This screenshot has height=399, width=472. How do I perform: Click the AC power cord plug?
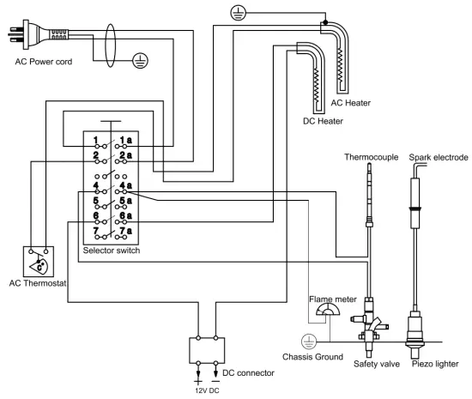(38, 34)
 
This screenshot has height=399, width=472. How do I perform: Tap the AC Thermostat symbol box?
(39, 262)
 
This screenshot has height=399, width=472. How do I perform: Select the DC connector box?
(207, 351)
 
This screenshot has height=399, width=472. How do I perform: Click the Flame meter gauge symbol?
(328, 310)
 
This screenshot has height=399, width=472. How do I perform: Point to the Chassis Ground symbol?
(309, 342)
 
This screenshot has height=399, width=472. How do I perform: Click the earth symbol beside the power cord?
(140, 60)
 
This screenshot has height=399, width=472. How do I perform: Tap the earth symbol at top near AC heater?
(238, 13)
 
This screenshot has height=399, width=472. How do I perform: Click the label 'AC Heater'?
(351, 103)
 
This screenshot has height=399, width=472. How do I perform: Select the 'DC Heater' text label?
(323, 121)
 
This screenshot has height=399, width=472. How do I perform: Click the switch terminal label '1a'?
(126, 140)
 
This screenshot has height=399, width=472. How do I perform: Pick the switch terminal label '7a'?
(126, 231)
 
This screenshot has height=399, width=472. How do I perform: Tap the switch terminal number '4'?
(96, 185)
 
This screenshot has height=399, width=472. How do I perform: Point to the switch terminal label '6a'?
(126, 215)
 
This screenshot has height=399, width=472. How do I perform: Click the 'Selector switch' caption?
(112, 251)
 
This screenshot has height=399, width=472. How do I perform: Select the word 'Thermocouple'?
(371, 157)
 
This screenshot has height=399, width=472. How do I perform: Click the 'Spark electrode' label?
(439, 157)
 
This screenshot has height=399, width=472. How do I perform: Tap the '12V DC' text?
(207, 390)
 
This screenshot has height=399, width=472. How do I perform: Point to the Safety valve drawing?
(369, 326)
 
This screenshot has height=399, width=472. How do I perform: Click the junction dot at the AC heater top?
(325, 22)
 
